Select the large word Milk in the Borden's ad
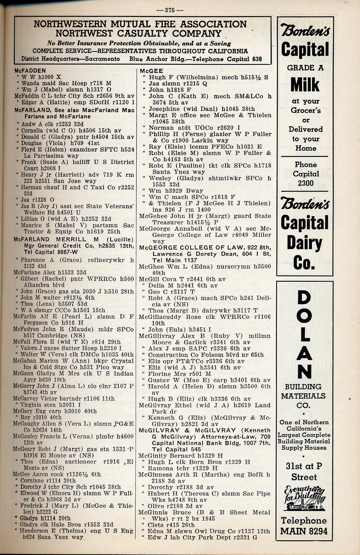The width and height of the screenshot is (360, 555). click(x=305, y=85)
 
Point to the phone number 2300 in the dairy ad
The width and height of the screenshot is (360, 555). click(x=305, y=183)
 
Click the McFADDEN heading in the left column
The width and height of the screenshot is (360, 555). click(x=30, y=70)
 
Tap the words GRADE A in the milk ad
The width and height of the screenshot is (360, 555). click(x=305, y=68)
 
